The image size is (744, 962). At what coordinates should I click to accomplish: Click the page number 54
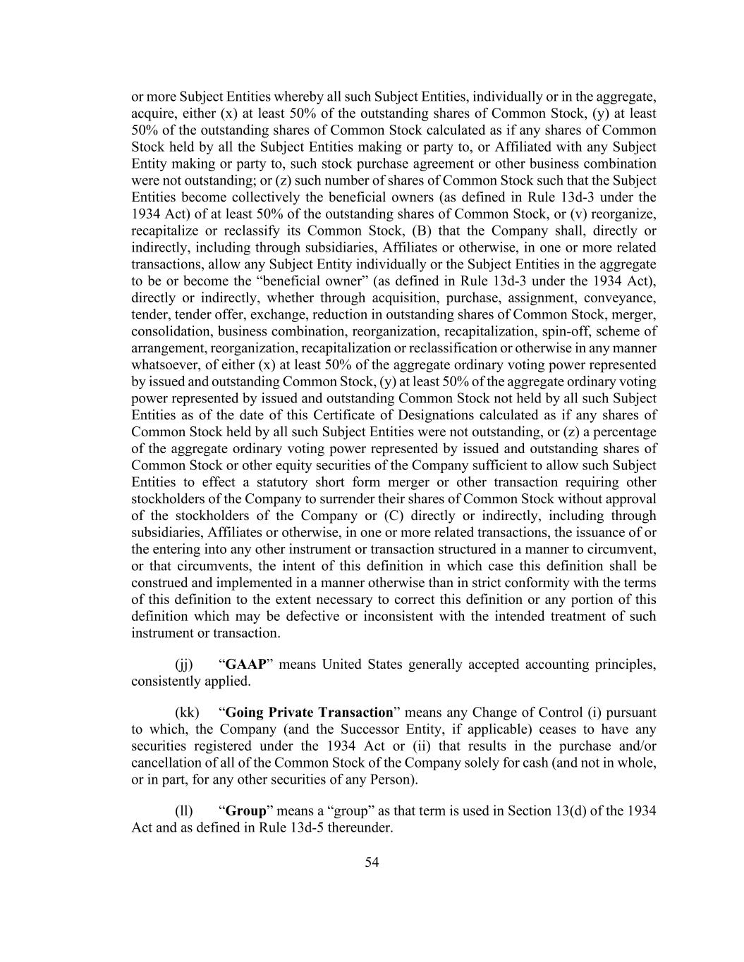(372, 862)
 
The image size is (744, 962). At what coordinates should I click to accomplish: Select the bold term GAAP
(245, 665)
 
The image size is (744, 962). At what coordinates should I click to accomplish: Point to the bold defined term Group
(246, 810)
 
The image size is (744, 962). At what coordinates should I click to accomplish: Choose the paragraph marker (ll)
(183, 810)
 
